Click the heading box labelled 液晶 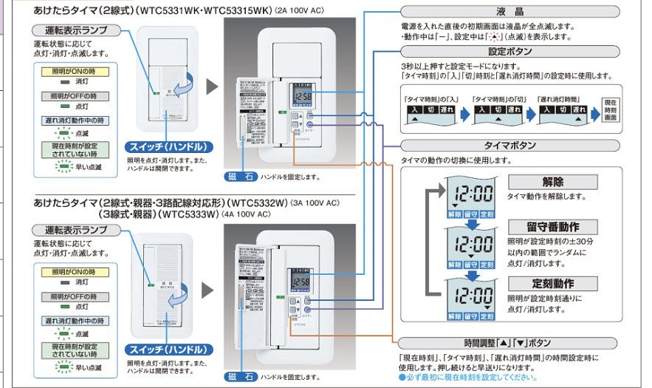[511, 12]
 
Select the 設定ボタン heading [511, 52]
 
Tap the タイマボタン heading [511, 145]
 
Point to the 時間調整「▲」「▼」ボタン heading [511, 343]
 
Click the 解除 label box [552, 182]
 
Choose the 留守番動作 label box [552, 226]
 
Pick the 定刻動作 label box [552, 283]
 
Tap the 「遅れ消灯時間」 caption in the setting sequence [560, 98]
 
